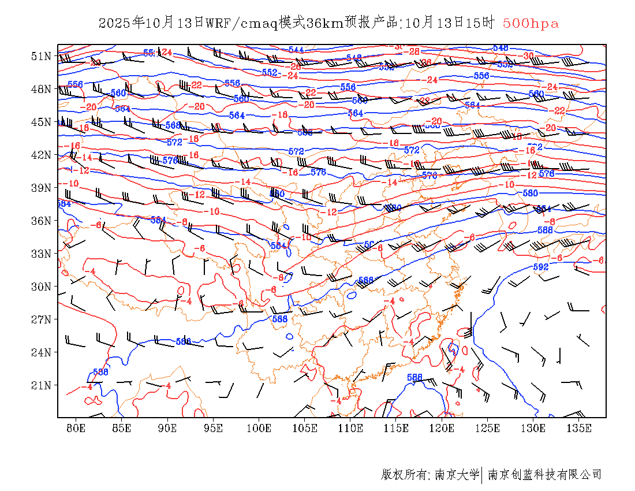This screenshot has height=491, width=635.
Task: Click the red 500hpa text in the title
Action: [531, 24]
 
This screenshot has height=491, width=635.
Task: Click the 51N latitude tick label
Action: [41, 56]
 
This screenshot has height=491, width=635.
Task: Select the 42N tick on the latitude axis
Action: [41, 155]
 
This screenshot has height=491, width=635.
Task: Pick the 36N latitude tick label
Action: [41, 221]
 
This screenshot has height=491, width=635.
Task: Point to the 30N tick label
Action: [41, 287]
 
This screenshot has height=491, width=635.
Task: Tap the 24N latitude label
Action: [41, 352]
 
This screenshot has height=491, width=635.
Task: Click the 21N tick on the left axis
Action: [41, 385]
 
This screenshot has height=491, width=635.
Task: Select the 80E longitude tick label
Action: [76, 428]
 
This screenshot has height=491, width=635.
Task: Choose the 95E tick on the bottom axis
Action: [214, 428]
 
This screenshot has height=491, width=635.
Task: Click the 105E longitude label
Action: [305, 428]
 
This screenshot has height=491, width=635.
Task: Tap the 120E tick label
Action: [442, 428]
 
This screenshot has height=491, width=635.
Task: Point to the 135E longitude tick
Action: [579, 428]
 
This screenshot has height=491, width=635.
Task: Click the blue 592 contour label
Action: [540, 267]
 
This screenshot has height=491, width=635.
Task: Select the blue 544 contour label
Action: [296, 50]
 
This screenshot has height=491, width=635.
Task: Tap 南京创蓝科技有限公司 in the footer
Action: [544, 475]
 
